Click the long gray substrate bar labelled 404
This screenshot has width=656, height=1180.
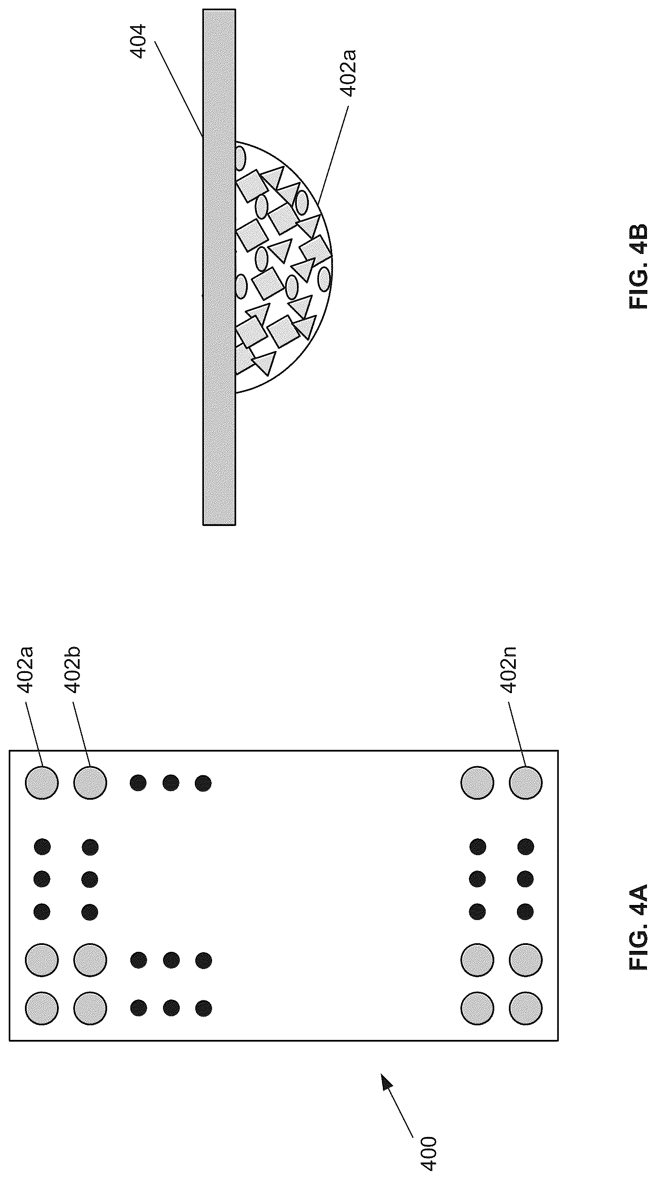[219, 267]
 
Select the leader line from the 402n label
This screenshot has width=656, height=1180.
[516, 736]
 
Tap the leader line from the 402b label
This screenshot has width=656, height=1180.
[81, 736]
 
